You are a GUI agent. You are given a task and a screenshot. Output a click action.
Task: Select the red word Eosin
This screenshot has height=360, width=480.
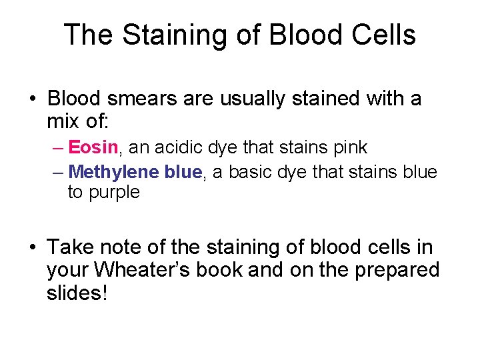(93, 147)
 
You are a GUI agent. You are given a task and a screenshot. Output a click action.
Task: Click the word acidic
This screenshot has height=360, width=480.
(177, 147)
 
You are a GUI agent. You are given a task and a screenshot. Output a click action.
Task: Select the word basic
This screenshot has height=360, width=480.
(254, 172)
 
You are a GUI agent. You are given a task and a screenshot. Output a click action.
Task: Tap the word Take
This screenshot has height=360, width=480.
(70, 248)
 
